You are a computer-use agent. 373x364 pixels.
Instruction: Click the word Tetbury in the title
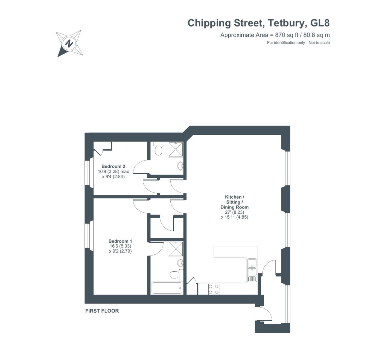pyautogui.click(x=286, y=23)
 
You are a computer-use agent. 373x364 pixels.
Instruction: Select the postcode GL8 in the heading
pyautogui.click(x=320, y=23)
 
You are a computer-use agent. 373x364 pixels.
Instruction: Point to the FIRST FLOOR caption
pyautogui.click(x=102, y=311)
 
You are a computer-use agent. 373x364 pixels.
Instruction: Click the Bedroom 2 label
pyautogui.click(x=113, y=166)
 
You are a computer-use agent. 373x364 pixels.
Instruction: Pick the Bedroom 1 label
pyautogui.click(x=120, y=241)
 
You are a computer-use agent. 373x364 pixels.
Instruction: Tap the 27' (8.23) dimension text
pyautogui.click(x=234, y=212)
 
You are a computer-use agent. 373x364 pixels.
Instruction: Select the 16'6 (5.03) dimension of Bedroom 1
pyautogui.click(x=120, y=246)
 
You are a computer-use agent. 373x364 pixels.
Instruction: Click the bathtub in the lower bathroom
pyautogui.click(x=167, y=288)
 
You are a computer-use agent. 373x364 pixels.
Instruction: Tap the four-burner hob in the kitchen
pyautogui.click(x=214, y=289)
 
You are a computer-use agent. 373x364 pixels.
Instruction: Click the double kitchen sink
pyautogui.click(x=252, y=268)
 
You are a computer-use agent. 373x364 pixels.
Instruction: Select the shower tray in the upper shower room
pyautogui.click(x=175, y=149)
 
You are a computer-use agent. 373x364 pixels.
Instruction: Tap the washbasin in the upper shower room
pyautogui.click(x=180, y=166)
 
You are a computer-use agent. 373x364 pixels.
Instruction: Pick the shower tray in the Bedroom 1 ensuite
pyautogui.click(x=175, y=249)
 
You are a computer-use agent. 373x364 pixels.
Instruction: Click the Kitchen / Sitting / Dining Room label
pyautogui.click(x=234, y=202)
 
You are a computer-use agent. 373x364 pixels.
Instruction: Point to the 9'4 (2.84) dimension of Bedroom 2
pyautogui.click(x=113, y=177)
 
